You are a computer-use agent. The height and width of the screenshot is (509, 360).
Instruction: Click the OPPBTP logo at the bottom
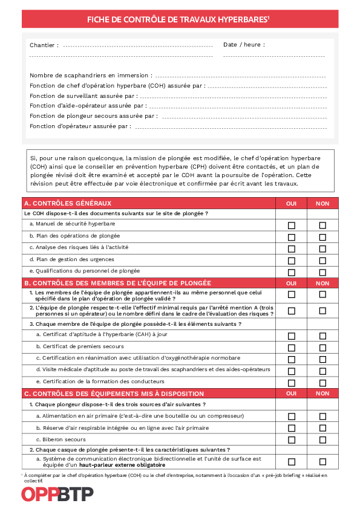click(57, 494)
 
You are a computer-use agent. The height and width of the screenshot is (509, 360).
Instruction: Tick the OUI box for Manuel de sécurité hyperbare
click(292, 225)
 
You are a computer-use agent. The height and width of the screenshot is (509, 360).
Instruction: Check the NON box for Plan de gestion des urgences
click(322, 261)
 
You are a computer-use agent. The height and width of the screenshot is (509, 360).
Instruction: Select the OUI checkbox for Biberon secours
click(292, 440)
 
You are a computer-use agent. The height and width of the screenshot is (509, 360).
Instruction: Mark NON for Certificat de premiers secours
click(322, 347)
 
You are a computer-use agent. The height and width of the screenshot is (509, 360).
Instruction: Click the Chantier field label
click(44, 45)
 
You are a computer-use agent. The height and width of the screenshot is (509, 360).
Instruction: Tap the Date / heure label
click(244, 45)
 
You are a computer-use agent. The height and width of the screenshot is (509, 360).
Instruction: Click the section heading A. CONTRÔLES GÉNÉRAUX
click(67, 203)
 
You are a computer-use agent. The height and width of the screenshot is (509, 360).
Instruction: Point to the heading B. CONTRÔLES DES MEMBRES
click(117, 283)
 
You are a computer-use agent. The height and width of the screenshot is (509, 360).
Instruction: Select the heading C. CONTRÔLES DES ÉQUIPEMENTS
click(114, 394)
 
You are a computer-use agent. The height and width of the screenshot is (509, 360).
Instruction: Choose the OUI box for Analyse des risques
click(292, 248)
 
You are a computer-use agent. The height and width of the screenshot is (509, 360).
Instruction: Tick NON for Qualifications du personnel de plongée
click(322, 273)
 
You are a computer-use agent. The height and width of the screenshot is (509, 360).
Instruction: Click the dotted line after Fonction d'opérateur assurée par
click(230, 128)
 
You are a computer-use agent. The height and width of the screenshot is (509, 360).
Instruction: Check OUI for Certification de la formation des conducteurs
click(292, 383)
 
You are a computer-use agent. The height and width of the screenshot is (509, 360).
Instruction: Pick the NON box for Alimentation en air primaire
click(322, 417)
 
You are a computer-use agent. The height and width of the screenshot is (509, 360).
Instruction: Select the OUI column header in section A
click(291, 204)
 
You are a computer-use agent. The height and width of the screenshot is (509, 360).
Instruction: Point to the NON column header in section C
click(322, 394)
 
